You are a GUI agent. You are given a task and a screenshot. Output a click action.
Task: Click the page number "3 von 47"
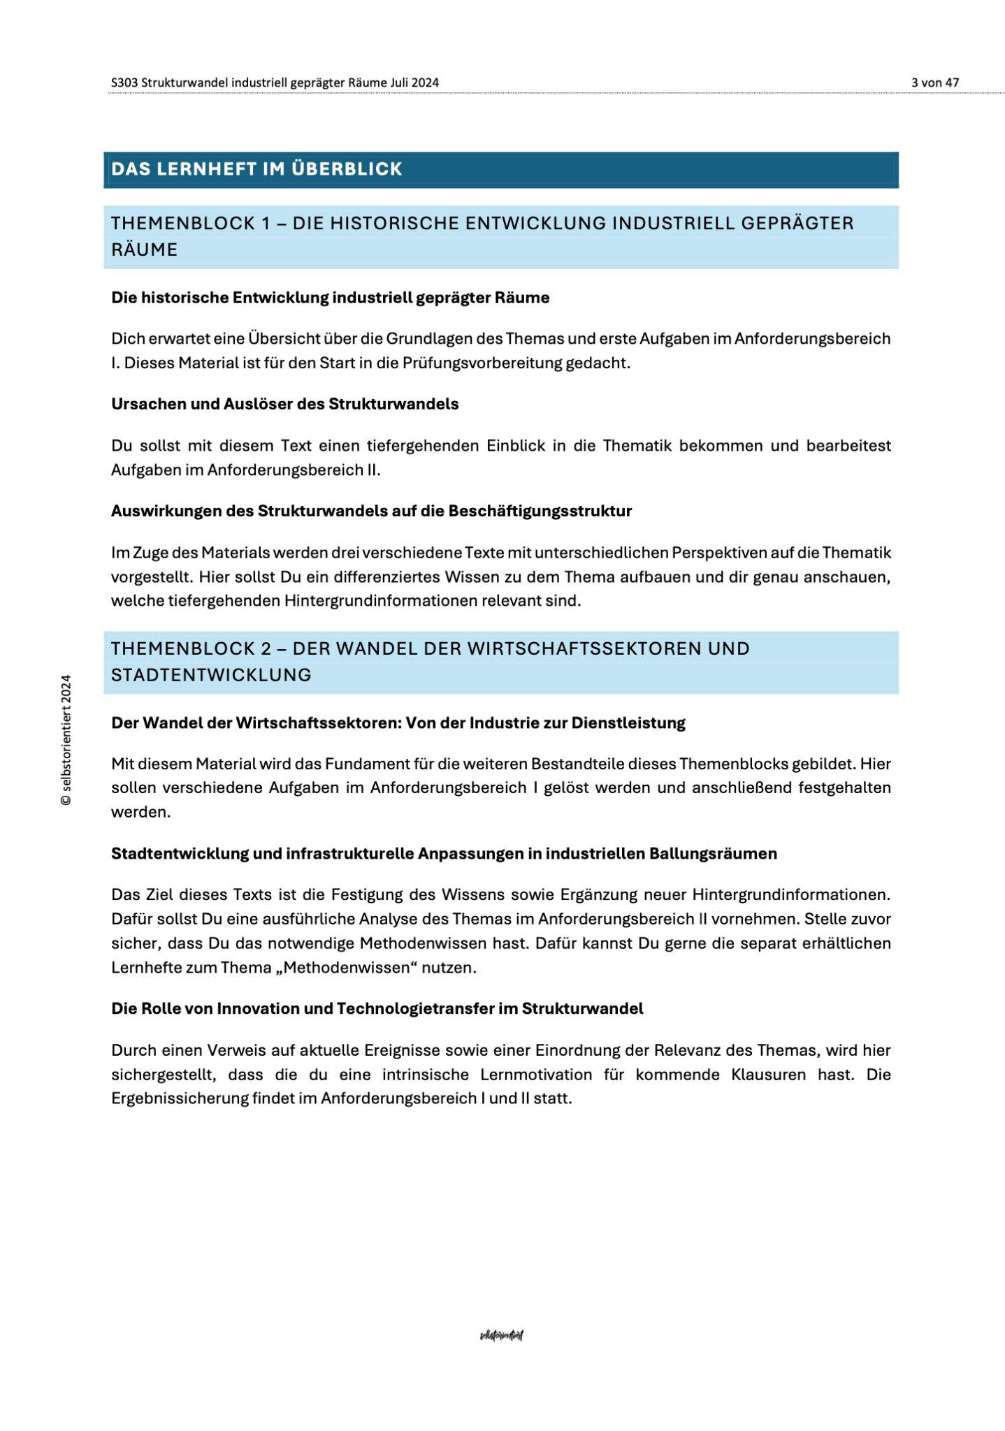coord(934,82)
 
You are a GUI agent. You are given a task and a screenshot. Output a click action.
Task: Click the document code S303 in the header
coord(124,82)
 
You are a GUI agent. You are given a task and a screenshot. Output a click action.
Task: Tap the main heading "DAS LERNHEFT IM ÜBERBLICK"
coord(256,169)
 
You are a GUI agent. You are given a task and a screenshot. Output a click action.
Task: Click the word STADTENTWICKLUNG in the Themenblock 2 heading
coord(211,675)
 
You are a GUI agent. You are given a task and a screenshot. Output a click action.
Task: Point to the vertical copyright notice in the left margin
coord(66,740)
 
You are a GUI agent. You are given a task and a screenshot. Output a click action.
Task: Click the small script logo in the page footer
coord(502,1335)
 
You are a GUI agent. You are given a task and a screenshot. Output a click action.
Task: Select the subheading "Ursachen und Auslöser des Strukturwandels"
coord(284,404)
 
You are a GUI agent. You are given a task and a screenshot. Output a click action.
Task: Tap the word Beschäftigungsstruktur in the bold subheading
coord(540,511)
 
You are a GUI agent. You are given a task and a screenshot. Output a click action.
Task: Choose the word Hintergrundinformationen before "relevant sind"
coord(380,600)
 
